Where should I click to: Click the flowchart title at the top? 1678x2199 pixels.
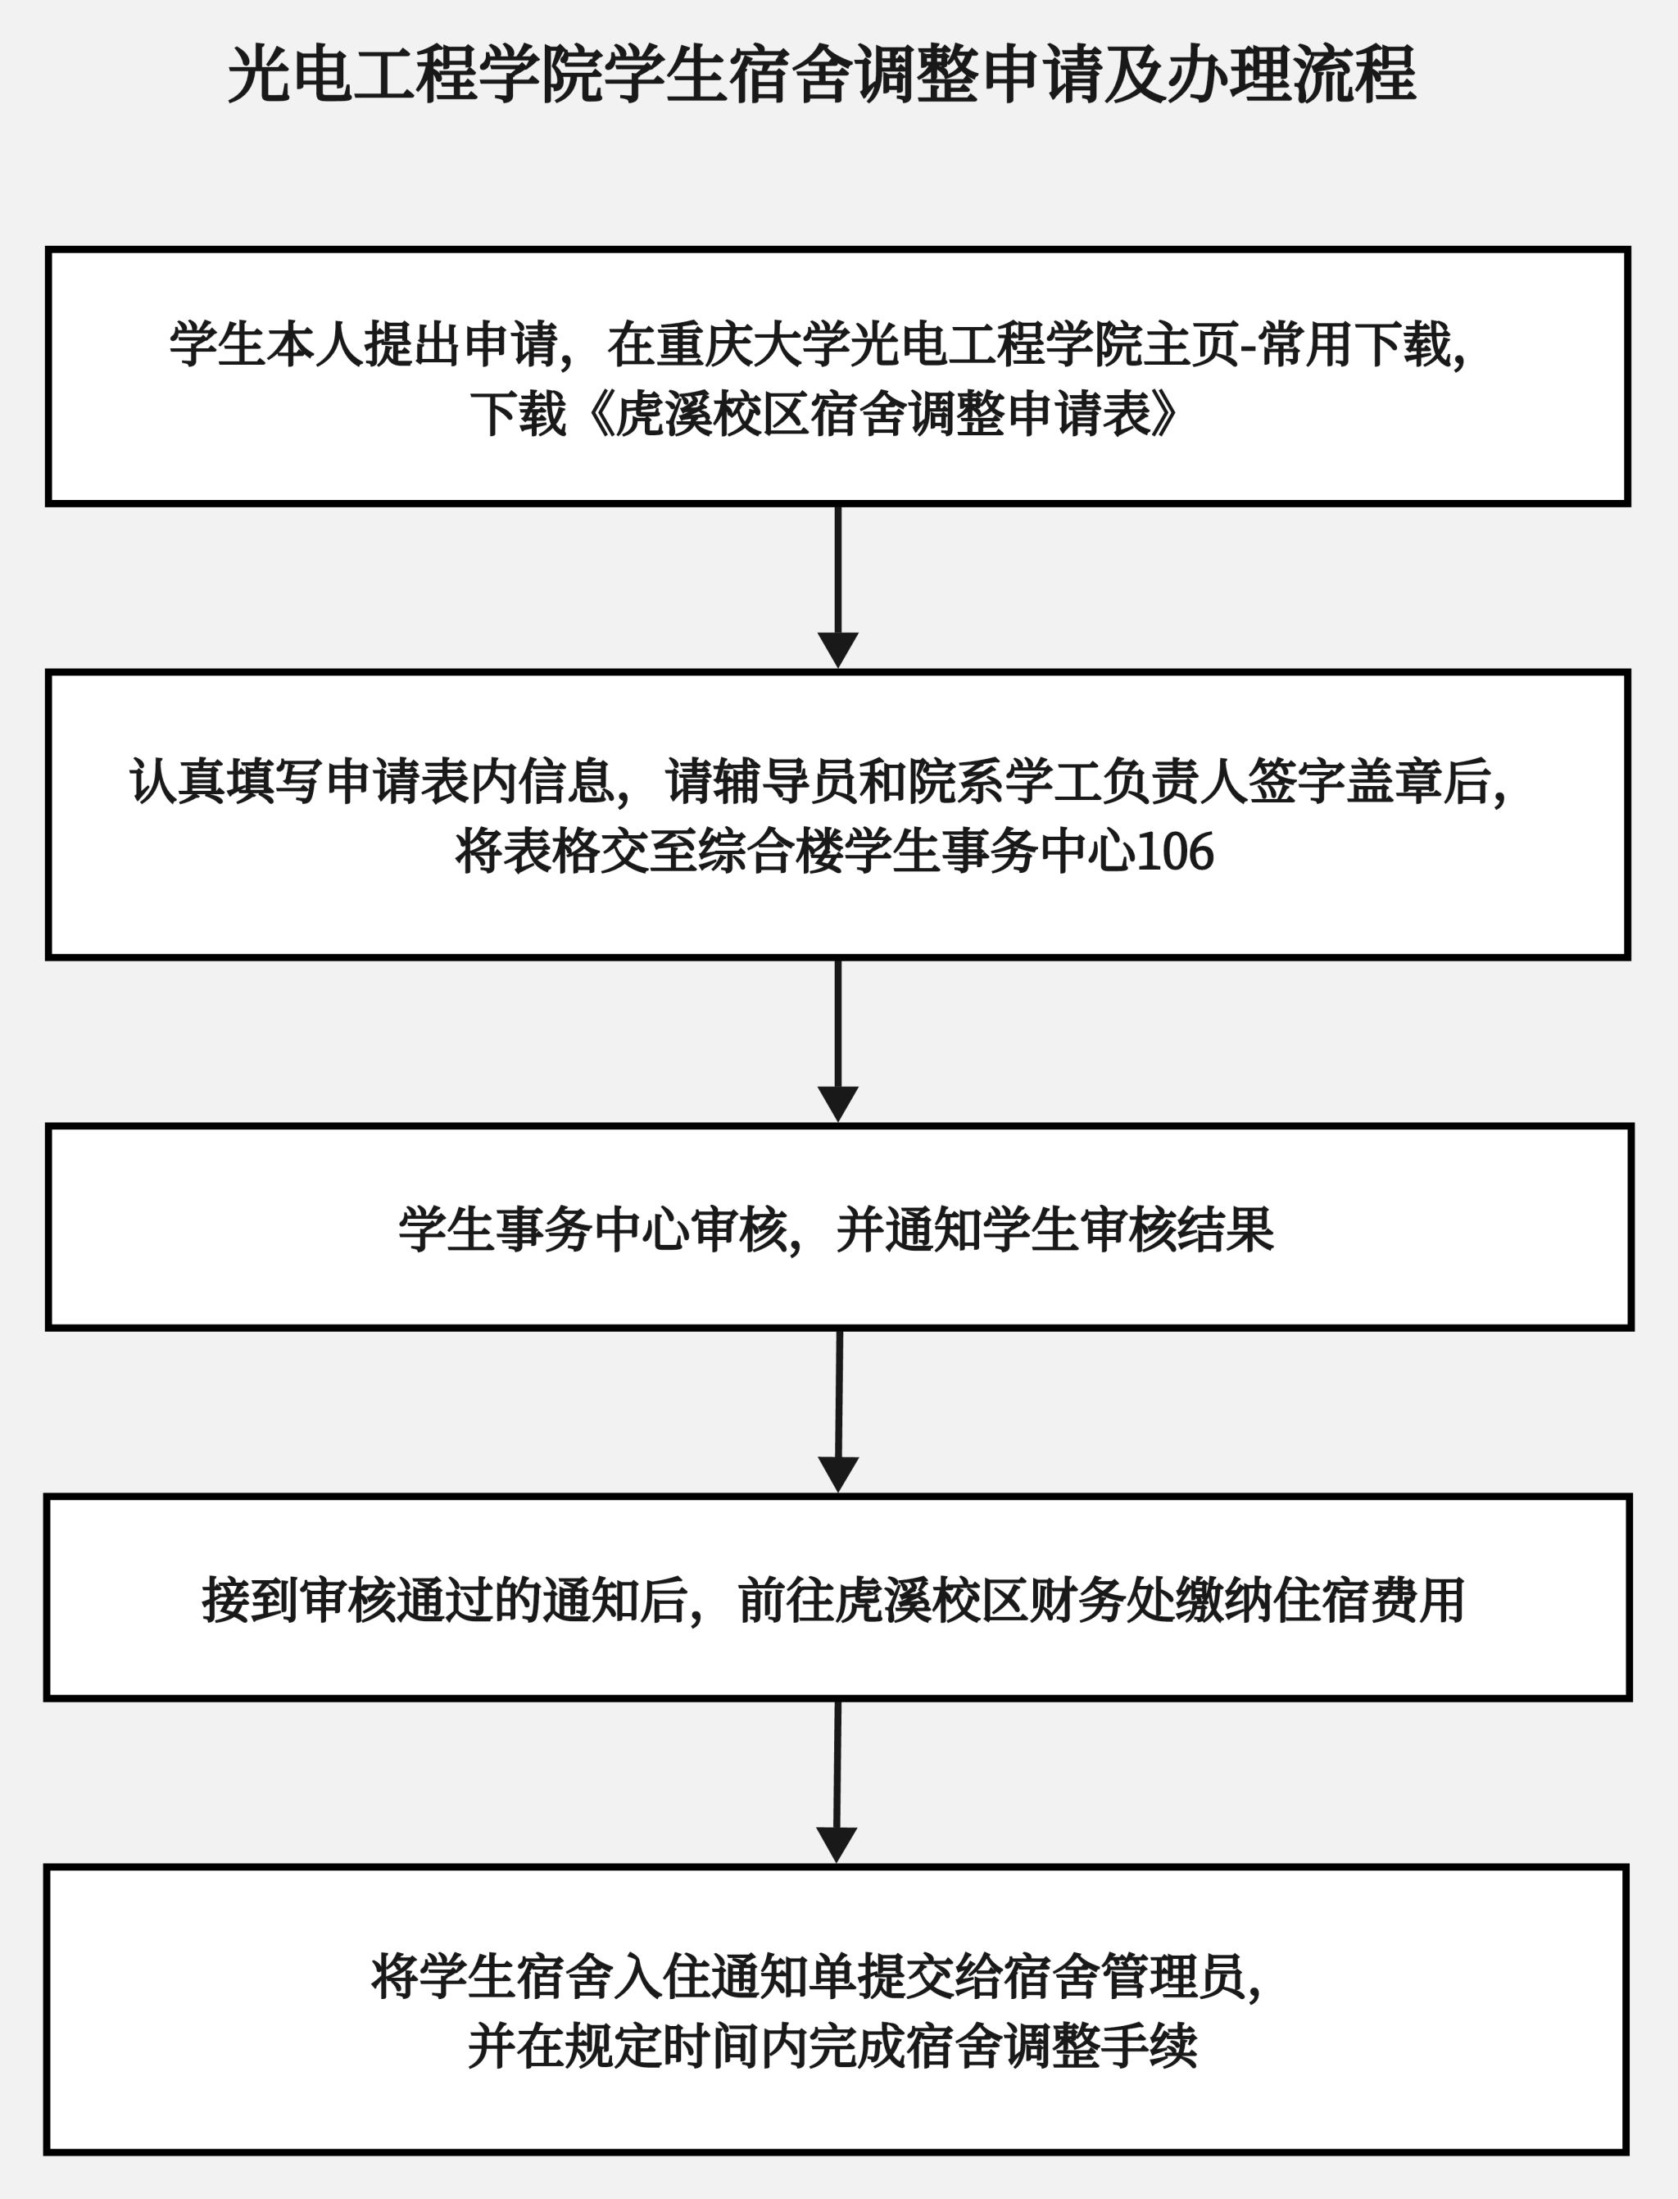(x=821, y=75)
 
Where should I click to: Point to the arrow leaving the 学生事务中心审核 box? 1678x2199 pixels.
(x=839, y=1410)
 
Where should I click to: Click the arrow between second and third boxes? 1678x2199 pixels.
(x=838, y=1040)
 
